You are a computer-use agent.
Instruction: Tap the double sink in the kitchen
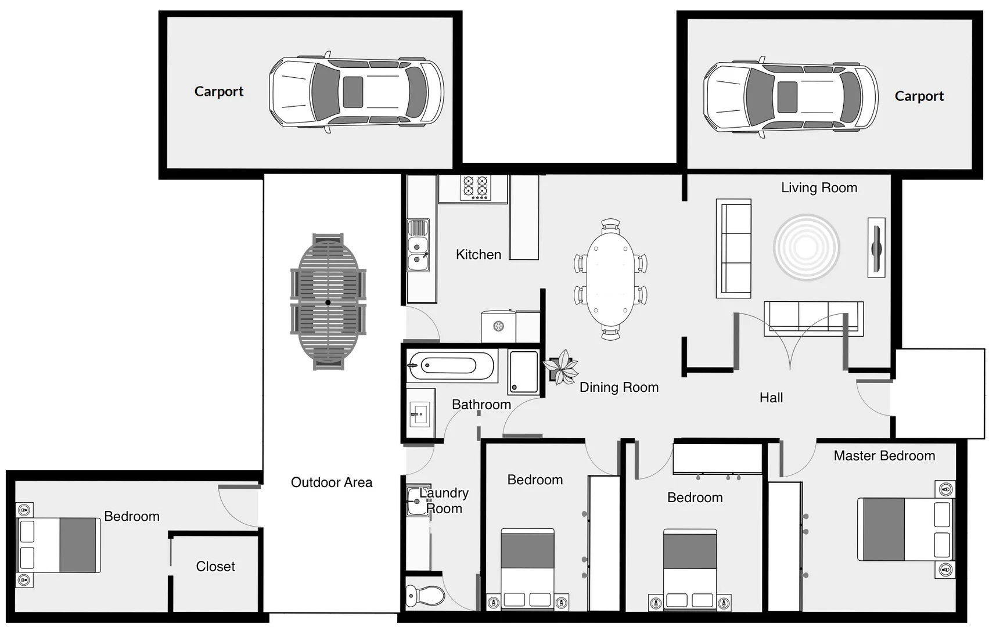click(x=418, y=245)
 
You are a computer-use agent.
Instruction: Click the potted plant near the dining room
click(x=561, y=367)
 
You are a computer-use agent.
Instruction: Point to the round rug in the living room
click(x=806, y=247)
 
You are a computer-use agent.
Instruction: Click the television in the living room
click(x=876, y=247)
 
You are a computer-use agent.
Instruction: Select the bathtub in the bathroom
click(x=451, y=366)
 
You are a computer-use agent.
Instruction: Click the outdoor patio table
click(x=328, y=302)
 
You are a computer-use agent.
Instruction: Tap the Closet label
click(x=215, y=566)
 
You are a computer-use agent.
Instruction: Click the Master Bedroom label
click(x=884, y=456)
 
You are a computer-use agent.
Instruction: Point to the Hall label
click(x=771, y=398)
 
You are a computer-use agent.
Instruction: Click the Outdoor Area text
click(x=331, y=482)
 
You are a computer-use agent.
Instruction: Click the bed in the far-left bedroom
click(x=58, y=545)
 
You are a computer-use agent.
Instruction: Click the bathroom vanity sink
click(x=420, y=414)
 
